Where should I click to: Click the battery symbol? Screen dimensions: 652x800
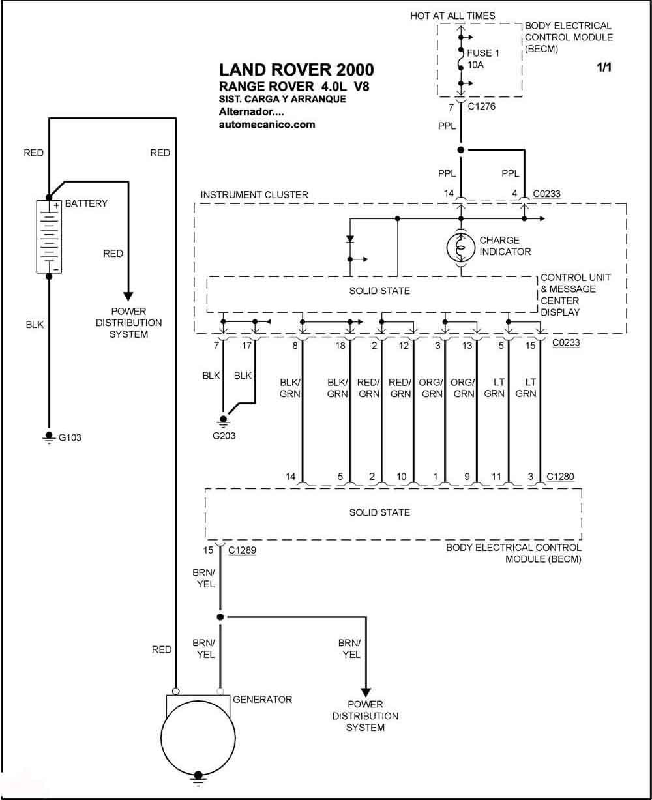pyautogui.click(x=49, y=237)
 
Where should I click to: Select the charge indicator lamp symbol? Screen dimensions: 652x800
pyautogui.click(x=461, y=248)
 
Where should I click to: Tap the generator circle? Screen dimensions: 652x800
pyautogui.click(x=198, y=737)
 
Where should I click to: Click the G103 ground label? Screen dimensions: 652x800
pyautogui.click(x=70, y=437)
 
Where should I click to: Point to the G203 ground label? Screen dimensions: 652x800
pyautogui.click(x=224, y=436)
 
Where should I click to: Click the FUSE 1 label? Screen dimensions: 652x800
pyautogui.click(x=483, y=53)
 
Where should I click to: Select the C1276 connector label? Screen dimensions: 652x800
pyautogui.click(x=481, y=106)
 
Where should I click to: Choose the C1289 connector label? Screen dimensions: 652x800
pyautogui.click(x=242, y=550)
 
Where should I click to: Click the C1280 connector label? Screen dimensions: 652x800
pyautogui.click(x=560, y=476)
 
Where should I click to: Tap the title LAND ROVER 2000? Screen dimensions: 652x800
pyautogui.click(x=296, y=70)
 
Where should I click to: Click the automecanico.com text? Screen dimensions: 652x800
pyautogui.click(x=267, y=125)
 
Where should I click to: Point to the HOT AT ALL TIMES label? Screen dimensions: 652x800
pyautogui.click(x=452, y=16)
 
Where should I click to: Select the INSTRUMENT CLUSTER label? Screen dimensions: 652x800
pyautogui.click(x=254, y=194)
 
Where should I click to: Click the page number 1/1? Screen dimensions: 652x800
pyautogui.click(x=604, y=67)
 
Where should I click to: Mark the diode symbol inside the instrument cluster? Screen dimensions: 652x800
pyautogui.click(x=350, y=239)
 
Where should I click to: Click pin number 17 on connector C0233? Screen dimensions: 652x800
pyautogui.click(x=246, y=346)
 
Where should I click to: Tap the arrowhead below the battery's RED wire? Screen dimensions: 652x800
pyautogui.click(x=128, y=297)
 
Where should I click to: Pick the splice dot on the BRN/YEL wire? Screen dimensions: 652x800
pyautogui.click(x=220, y=617)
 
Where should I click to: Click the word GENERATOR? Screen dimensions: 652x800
pyautogui.click(x=262, y=699)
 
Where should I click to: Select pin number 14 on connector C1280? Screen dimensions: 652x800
pyautogui.click(x=290, y=477)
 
